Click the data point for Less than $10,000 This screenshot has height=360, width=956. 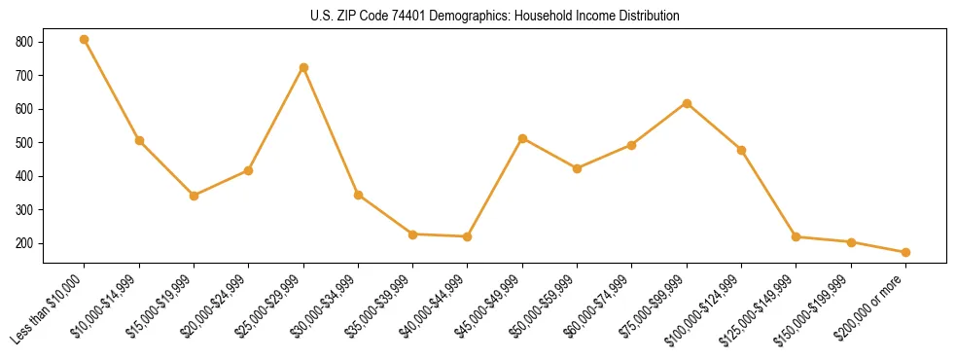click(85, 40)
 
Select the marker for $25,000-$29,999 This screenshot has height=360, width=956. click(303, 67)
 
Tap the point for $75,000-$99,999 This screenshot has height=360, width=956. click(687, 103)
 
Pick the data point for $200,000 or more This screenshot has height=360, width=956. click(905, 252)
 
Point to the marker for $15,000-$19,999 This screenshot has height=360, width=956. click(194, 196)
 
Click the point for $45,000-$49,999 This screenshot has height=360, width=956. click(522, 138)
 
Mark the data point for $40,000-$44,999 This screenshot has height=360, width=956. click(468, 236)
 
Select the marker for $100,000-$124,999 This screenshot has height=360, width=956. click(741, 150)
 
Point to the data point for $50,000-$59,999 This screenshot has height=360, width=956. click(577, 168)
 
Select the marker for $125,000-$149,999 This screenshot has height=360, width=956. click(796, 236)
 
